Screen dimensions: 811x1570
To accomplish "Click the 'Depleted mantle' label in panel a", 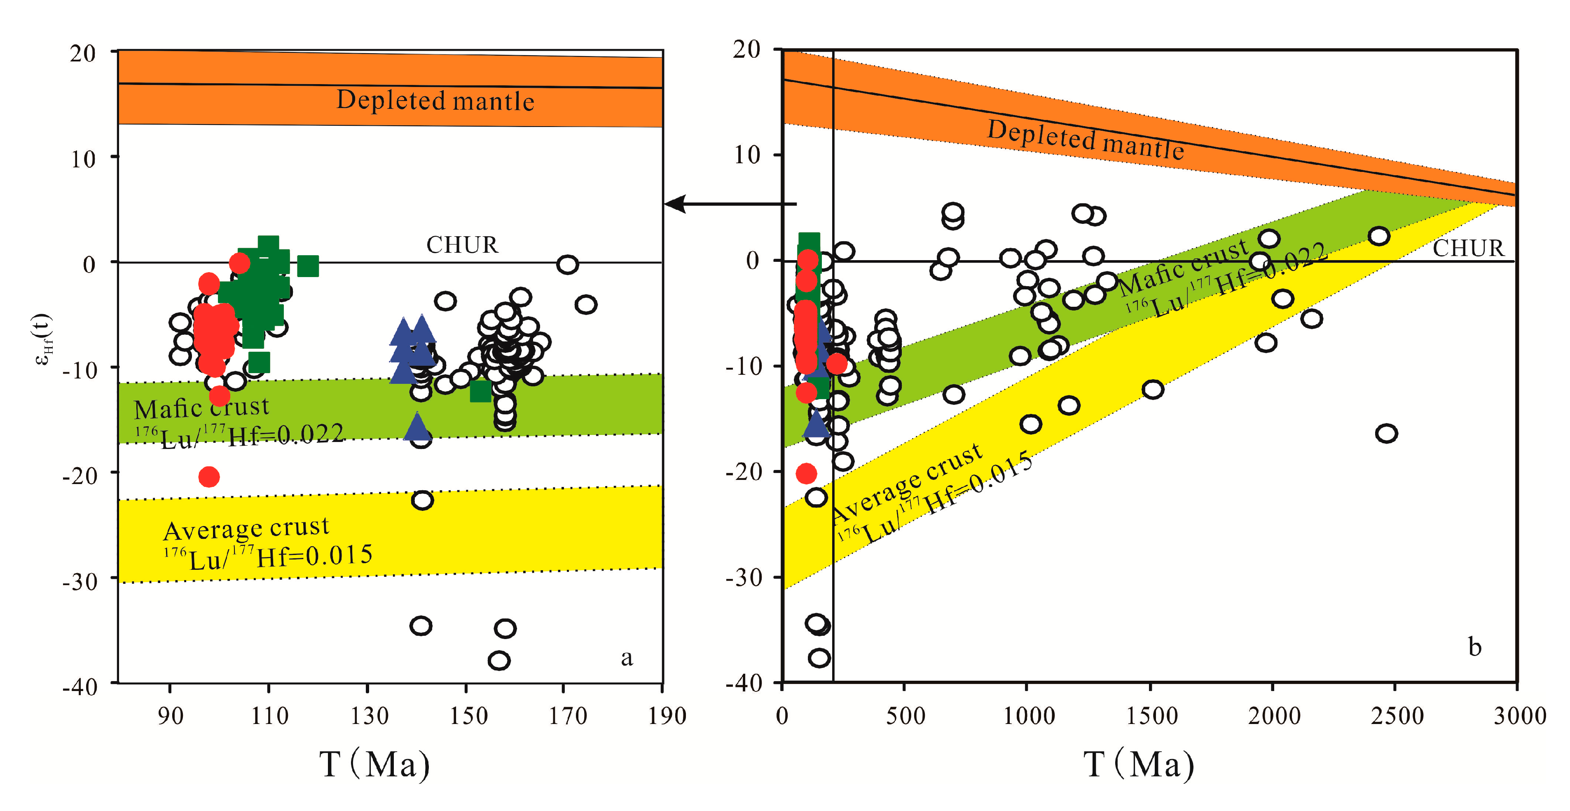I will [x=435, y=101].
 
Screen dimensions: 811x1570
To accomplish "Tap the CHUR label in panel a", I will [x=462, y=245].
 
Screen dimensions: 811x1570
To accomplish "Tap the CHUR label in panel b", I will [x=1467, y=248].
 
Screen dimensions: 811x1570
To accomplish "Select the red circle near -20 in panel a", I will [x=209, y=476].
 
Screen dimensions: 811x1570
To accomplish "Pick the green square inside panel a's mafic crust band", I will [x=480, y=391].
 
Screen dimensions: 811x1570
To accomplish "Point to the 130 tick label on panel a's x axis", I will [x=369, y=716].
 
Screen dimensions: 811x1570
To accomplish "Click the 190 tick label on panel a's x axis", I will [x=666, y=716].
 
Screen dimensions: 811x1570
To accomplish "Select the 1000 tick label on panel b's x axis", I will [x=1029, y=716].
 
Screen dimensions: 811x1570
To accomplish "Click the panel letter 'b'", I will [x=1474, y=646].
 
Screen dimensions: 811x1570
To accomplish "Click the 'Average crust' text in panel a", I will [x=246, y=528].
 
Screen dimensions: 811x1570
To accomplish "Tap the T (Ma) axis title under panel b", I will [x=1138, y=764].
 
